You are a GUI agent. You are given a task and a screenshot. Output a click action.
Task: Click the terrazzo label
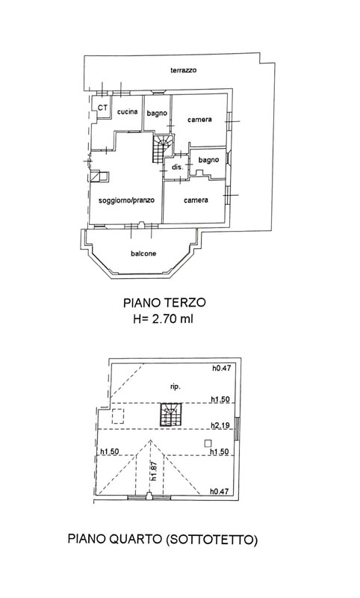click(x=183, y=70)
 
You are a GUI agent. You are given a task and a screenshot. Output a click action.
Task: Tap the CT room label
click(x=102, y=108)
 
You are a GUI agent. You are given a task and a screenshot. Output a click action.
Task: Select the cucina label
click(x=127, y=111)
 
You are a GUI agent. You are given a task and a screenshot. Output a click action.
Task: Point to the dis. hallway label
click(x=178, y=167)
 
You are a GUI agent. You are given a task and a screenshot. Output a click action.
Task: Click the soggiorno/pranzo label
click(x=126, y=200)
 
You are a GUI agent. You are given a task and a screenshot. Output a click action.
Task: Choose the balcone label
click(x=143, y=253)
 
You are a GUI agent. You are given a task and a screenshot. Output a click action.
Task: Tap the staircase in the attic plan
click(x=171, y=415)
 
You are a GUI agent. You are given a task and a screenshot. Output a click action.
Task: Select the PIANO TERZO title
click(x=164, y=303)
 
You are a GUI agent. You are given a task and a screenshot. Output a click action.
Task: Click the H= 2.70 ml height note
click(x=163, y=318)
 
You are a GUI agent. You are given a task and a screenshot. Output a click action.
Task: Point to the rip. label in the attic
click(x=176, y=386)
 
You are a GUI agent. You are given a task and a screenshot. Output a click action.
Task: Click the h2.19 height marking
click(x=220, y=425)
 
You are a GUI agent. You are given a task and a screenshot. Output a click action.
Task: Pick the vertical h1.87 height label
click(x=154, y=471)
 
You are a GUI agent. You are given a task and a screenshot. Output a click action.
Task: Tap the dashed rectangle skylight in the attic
click(x=118, y=416)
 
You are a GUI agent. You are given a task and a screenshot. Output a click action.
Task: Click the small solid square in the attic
click(x=208, y=443)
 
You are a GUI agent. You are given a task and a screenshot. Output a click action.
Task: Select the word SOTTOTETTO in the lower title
click(x=211, y=540)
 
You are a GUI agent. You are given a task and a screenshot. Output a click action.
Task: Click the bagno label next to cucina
click(x=157, y=114)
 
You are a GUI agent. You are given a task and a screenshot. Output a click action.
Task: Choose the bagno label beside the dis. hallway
click(x=209, y=160)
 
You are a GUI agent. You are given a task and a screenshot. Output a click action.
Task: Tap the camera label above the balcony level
click(x=196, y=200)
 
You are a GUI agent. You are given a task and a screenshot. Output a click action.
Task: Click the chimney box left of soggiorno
click(x=99, y=176)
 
